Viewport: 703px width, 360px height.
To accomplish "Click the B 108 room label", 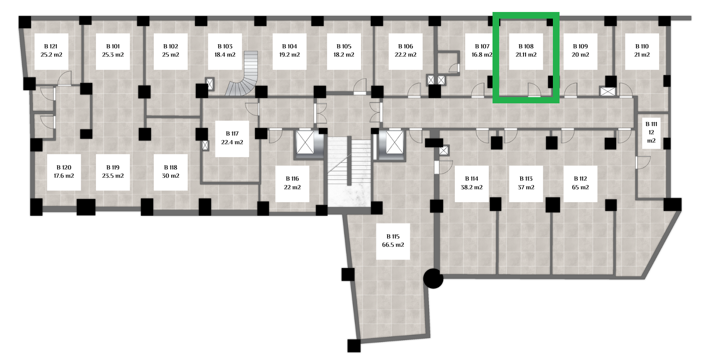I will [x=526, y=46].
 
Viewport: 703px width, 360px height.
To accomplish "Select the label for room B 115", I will [x=393, y=236].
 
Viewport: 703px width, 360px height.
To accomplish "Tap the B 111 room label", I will [x=651, y=124].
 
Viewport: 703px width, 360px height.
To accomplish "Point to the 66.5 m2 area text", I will [x=393, y=245].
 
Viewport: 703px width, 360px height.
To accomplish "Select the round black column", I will [x=433, y=279].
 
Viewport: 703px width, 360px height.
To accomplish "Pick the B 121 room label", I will [x=51, y=46].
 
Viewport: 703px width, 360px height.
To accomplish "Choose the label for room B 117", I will [x=232, y=134].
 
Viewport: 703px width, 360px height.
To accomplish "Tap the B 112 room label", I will [x=580, y=179].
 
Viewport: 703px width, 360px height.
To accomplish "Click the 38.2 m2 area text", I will [x=471, y=187].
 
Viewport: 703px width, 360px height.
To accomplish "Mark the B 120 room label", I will [x=64, y=167].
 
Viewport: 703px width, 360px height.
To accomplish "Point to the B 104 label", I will [x=289, y=46].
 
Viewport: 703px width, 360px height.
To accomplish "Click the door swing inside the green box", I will [x=533, y=90].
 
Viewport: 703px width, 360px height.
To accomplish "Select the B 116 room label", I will [x=292, y=179].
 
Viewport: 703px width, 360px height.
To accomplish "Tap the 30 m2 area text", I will [x=170, y=176].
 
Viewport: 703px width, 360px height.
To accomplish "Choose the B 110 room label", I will [x=642, y=46].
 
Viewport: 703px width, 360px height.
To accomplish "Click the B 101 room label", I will [x=113, y=46].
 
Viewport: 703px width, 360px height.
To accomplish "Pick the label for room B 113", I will [x=526, y=179].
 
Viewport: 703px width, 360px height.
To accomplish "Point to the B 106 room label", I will [x=405, y=46].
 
